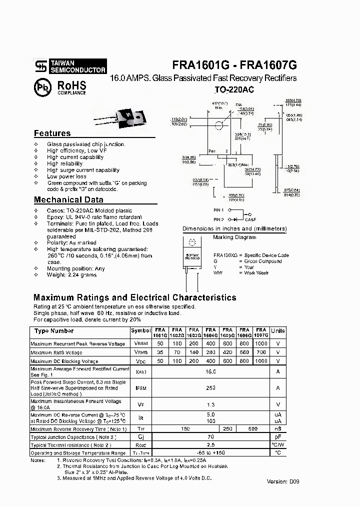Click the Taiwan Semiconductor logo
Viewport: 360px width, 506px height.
click(70, 66)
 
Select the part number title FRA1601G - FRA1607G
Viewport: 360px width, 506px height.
click(234, 65)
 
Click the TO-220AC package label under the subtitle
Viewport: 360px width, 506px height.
click(234, 90)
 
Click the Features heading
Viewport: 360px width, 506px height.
click(52, 133)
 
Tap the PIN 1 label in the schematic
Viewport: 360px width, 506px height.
click(218, 210)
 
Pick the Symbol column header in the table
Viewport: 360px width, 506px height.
click(140, 331)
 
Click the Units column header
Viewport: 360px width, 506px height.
click(277, 331)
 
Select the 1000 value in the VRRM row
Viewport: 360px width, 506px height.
click(260, 344)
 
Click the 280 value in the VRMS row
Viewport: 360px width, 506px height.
click(210, 352)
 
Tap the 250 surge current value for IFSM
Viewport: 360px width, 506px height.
click(210, 388)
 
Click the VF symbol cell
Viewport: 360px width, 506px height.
click(140, 404)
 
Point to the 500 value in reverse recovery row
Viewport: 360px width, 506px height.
click(252, 429)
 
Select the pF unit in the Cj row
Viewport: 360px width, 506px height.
click(277, 437)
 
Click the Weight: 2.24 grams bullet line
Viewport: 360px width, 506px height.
click(72, 275)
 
